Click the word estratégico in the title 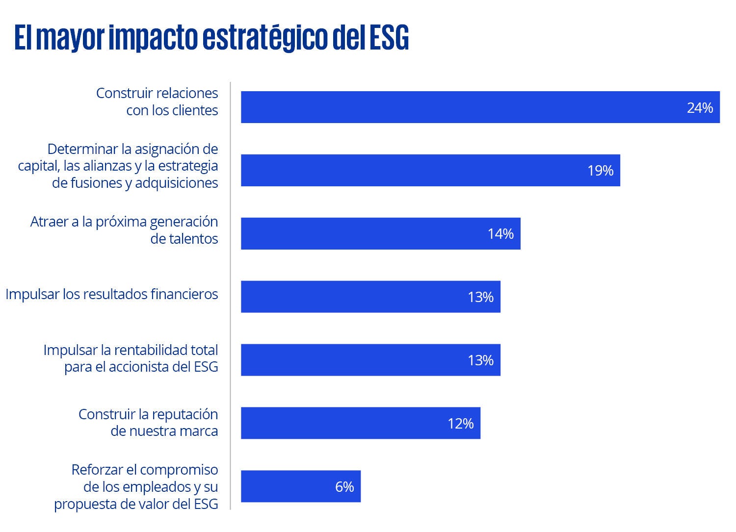[265, 38]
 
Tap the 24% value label [700, 107]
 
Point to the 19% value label [600, 171]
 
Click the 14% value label [500, 234]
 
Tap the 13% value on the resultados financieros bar [480, 297]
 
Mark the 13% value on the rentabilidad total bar [480, 360]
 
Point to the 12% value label [460, 424]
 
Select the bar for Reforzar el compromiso [285, 486]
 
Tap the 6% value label [344, 487]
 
